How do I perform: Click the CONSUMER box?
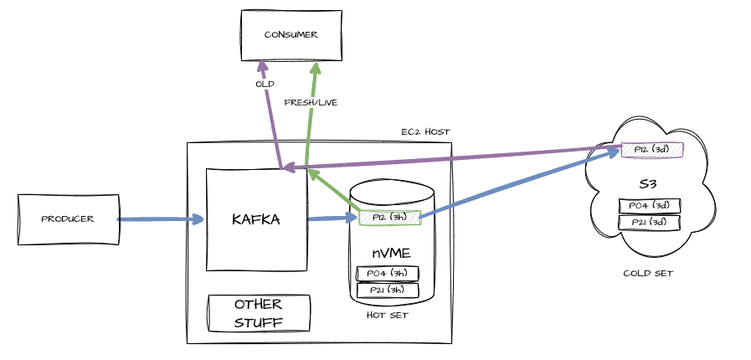point(291,35)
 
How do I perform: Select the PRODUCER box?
point(67,219)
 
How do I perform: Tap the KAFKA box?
point(256,219)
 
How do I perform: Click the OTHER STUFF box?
point(259,313)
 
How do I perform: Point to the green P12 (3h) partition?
point(388,218)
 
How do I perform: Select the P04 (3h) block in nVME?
point(387,274)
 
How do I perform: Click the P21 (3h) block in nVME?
point(387,290)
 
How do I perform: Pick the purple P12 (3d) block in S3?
point(652,150)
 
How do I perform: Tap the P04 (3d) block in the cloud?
point(649,206)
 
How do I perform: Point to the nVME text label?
point(391,252)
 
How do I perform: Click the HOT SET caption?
point(387,315)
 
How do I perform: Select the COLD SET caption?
point(649,273)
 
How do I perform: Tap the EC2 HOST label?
point(425,131)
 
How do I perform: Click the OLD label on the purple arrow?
point(265,84)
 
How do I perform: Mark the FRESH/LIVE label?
point(311,102)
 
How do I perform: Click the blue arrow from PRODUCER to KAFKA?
point(161,219)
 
